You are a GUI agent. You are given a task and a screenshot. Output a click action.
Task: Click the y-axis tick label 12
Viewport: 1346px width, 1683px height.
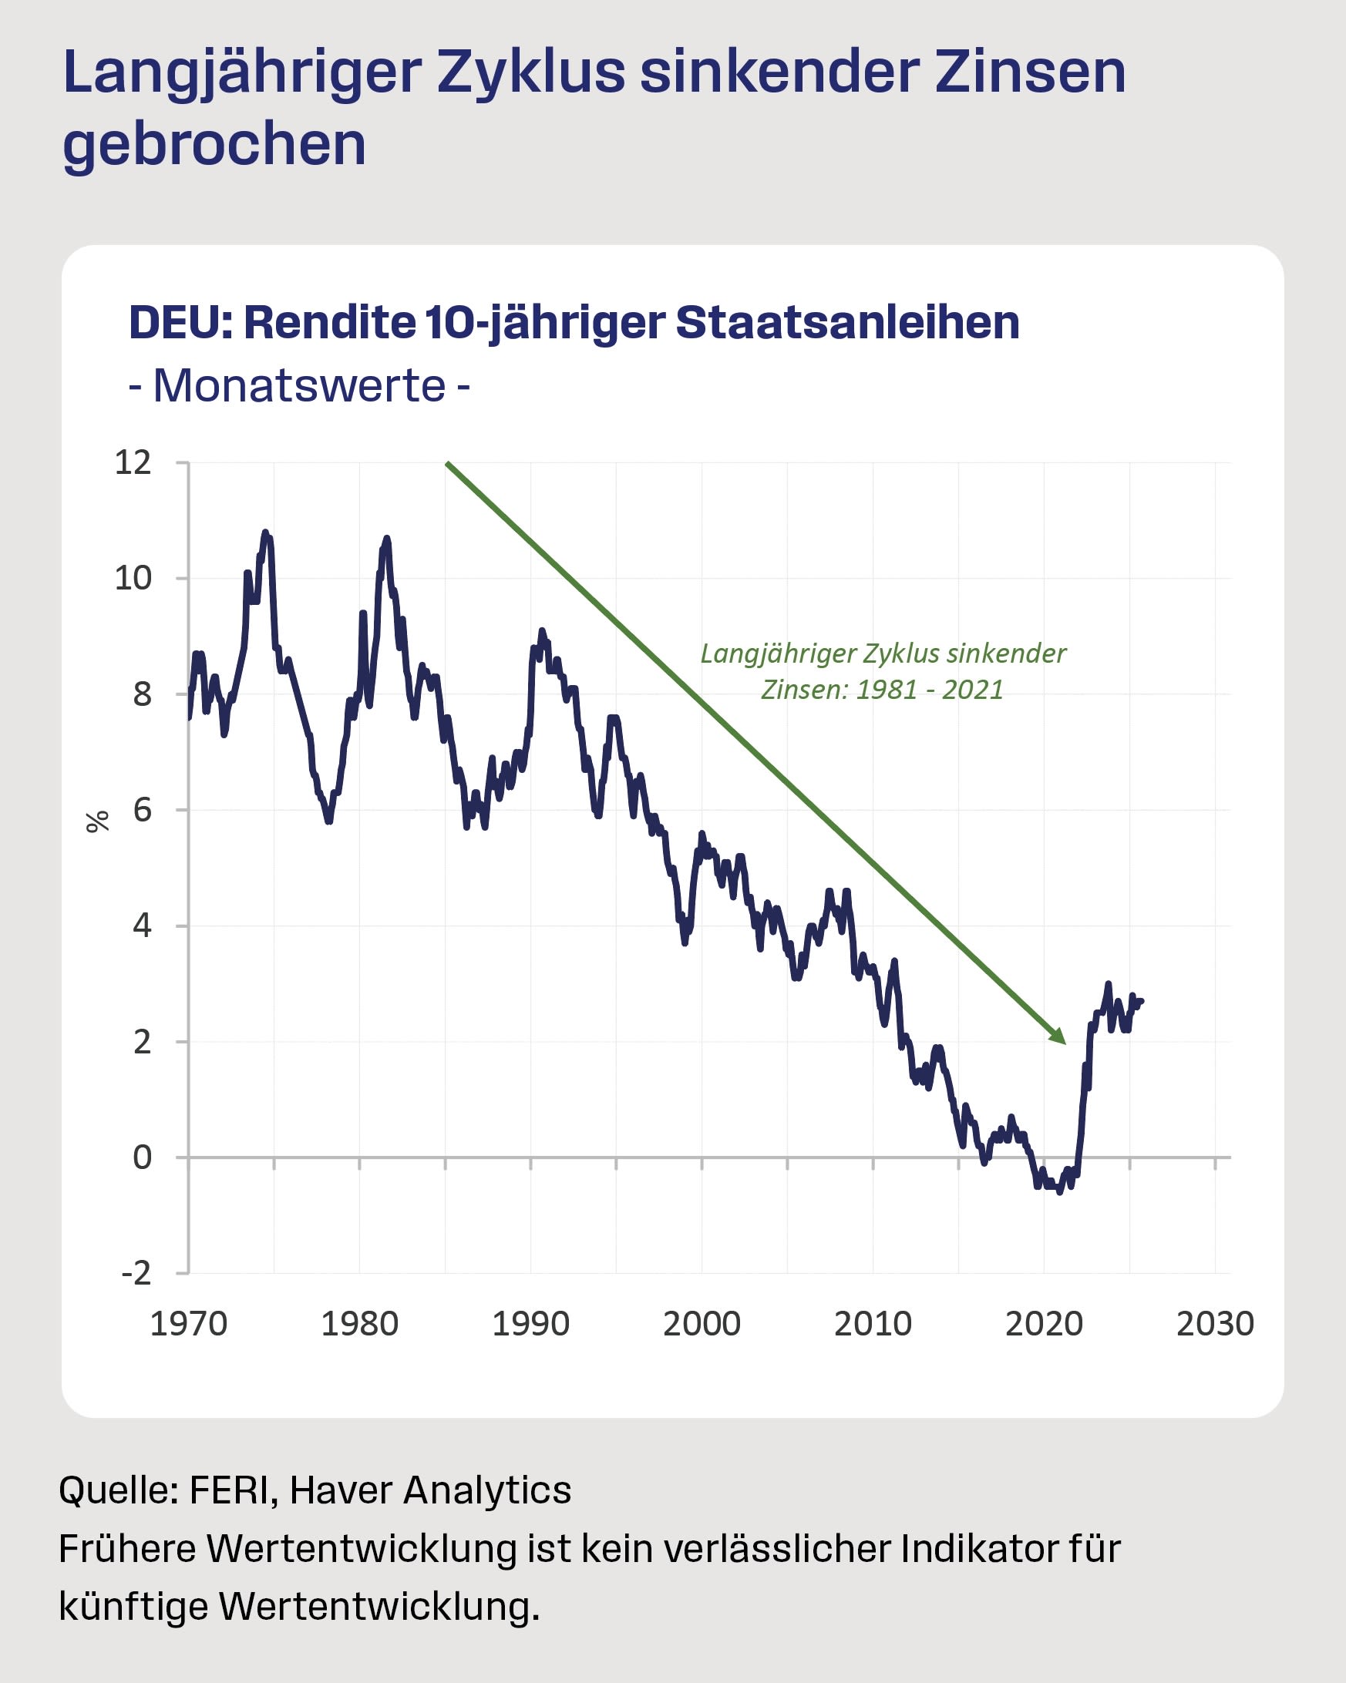(133, 463)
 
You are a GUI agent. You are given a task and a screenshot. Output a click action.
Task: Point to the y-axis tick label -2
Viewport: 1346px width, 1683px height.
(136, 1273)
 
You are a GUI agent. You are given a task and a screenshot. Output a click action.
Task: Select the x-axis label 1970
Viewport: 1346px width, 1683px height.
(188, 1325)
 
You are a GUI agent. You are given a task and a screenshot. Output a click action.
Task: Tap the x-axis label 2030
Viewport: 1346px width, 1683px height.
(1215, 1325)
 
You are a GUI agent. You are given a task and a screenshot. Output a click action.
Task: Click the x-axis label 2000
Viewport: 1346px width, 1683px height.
(701, 1325)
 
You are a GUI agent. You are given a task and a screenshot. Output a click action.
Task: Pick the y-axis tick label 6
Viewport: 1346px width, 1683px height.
(142, 810)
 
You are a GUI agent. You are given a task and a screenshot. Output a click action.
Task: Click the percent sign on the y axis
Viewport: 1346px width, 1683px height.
(98, 822)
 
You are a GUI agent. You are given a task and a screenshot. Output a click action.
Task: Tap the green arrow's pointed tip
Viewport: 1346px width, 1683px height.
(1064, 1042)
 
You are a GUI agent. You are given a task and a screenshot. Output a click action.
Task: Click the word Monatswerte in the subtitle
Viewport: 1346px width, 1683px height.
(299, 385)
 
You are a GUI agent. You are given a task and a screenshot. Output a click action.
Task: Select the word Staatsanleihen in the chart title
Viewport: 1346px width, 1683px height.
(847, 322)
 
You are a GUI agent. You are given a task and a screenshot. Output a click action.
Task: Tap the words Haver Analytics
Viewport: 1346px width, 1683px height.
(430, 1490)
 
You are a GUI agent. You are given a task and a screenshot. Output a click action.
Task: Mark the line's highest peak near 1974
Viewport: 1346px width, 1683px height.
(265, 532)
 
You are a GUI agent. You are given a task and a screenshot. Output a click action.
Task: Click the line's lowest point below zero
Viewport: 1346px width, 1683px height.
(1059, 1192)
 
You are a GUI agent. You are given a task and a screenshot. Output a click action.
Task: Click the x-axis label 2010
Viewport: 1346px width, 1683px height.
(872, 1325)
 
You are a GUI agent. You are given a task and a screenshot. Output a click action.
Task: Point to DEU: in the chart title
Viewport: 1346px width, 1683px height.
(180, 322)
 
